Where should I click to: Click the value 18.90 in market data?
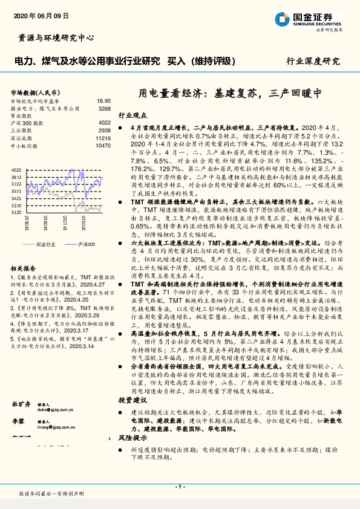(x=103, y=101)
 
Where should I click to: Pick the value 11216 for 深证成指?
(x=103, y=138)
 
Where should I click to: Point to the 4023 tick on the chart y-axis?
(x=16, y=171)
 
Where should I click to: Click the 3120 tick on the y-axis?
(x=16, y=213)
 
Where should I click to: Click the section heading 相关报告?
(x=24, y=267)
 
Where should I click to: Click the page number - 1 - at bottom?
(x=180, y=486)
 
